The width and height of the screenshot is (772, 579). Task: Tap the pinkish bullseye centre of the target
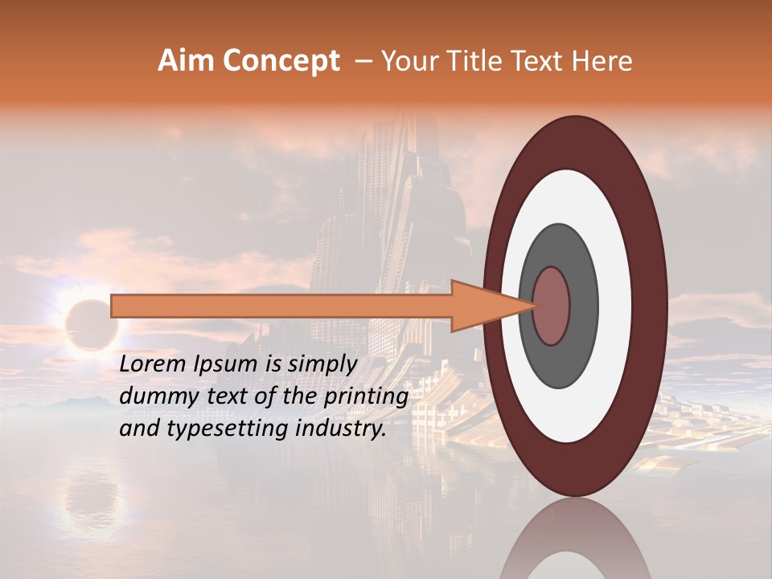coord(552,306)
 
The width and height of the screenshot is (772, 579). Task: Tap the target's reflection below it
coord(576,543)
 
